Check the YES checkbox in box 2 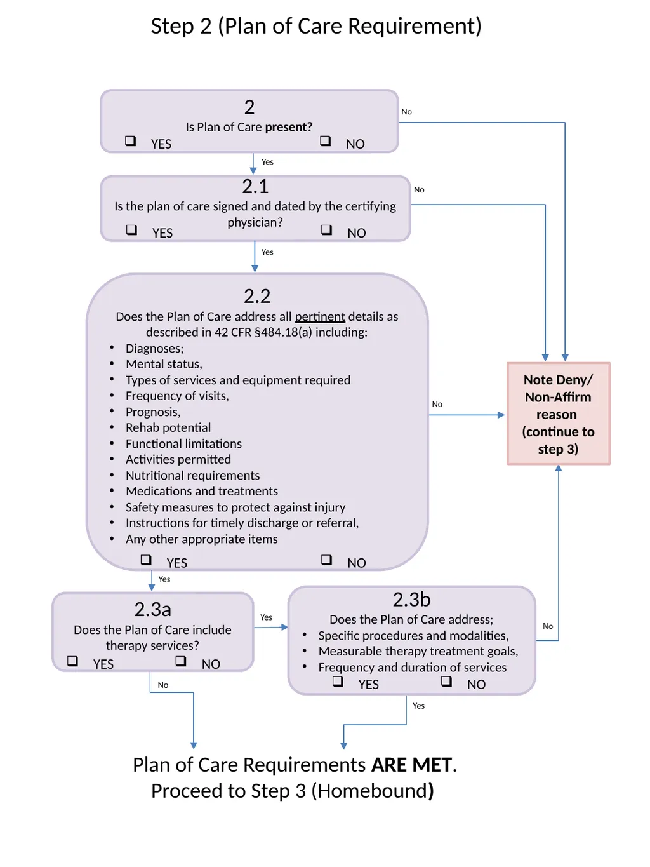[x=130, y=140]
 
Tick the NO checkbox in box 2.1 [x=326, y=229]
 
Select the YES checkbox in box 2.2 [x=146, y=560]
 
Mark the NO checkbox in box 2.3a [x=181, y=661]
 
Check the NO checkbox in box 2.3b [x=446, y=681]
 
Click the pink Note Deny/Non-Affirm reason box [x=559, y=413]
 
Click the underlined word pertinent [x=320, y=317]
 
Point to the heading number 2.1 [x=255, y=187]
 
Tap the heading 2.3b [x=411, y=600]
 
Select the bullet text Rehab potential [x=168, y=427]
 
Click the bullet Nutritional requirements [x=192, y=476]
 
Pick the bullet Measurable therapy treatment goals [x=418, y=651]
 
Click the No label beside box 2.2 [x=437, y=404]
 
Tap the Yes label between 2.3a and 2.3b [x=266, y=617]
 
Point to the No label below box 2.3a [x=163, y=685]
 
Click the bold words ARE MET [x=411, y=765]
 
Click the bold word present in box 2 [x=288, y=127]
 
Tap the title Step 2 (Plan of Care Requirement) [x=316, y=27]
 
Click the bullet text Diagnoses [x=155, y=348]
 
